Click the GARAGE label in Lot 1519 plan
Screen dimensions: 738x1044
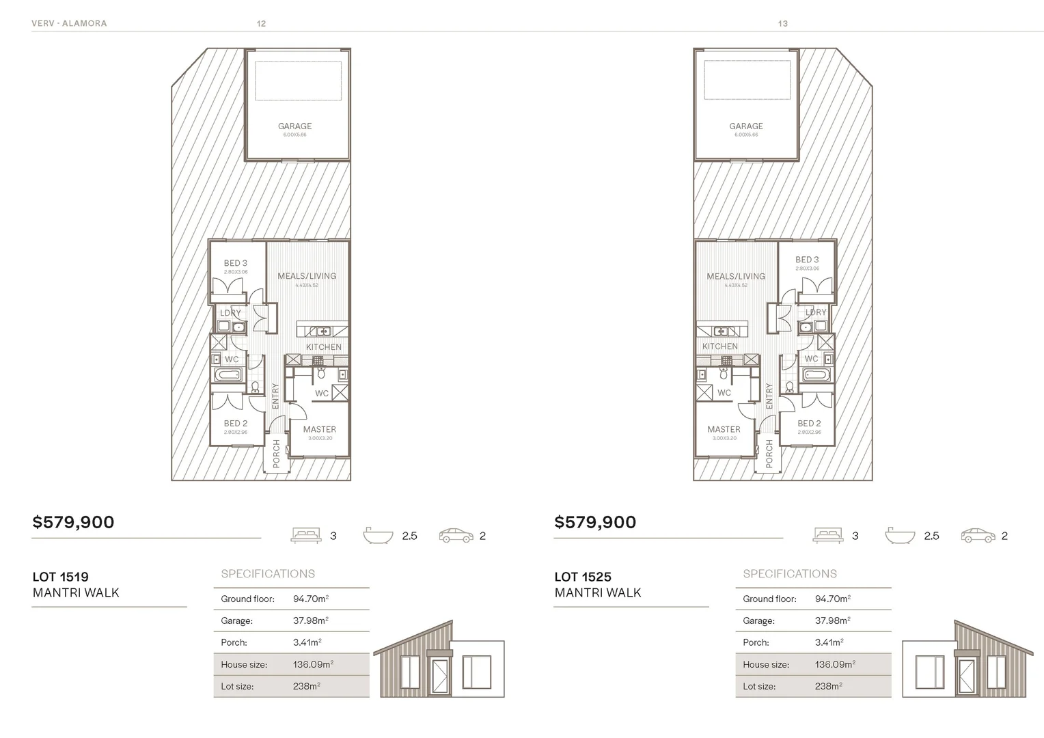click(x=294, y=126)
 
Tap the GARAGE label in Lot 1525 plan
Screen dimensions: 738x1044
click(x=745, y=126)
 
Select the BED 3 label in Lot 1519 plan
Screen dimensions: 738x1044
click(x=235, y=263)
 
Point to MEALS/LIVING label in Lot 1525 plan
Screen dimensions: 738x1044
click(x=736, y=277)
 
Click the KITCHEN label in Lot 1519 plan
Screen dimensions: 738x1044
click(x=323, y=347)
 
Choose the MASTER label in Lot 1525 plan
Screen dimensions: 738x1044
click(x=724, y=430)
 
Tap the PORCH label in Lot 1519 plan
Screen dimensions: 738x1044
click(x=277, y=454)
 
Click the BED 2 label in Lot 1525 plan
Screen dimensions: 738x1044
click(x=809, y=424)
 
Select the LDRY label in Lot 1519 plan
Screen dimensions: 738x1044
click(x=230, y=313)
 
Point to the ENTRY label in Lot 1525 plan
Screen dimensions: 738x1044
click(x=769, y=396)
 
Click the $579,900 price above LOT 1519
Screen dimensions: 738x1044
click(x=73, y=523)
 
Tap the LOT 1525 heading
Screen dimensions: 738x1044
click(x=582, y=577)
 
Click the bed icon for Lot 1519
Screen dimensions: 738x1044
click(x=305, y=536)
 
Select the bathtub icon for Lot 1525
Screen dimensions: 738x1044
click(x=899, y=535)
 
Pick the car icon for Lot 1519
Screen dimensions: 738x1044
click(x=456, y=536)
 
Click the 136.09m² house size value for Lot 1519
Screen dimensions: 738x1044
click(x=313, y=664)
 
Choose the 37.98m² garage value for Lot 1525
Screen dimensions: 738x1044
click(x=832, y=620)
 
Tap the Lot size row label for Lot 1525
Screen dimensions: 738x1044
click(x=758, y=686)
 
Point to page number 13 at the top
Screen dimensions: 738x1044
click(x=782, y=23)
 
